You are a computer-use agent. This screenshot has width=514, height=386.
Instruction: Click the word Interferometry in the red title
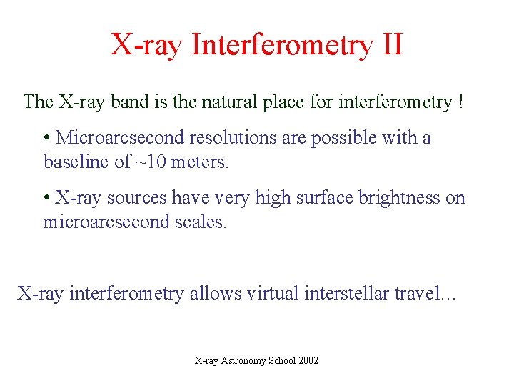[x=282, y=44]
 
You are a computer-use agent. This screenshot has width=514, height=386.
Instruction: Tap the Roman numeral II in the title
[x=392, y=44]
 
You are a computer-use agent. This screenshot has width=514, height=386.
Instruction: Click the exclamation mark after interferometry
[x=460, y=102]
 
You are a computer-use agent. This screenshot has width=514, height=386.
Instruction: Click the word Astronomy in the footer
[x=245, y=361]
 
